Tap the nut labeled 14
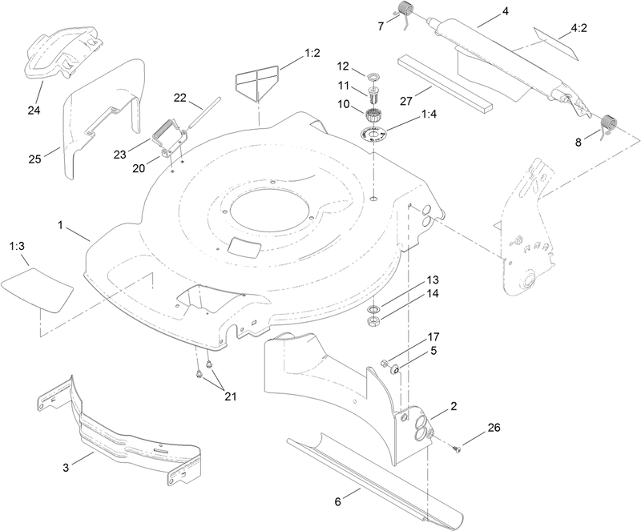373,322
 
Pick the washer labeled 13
373,308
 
